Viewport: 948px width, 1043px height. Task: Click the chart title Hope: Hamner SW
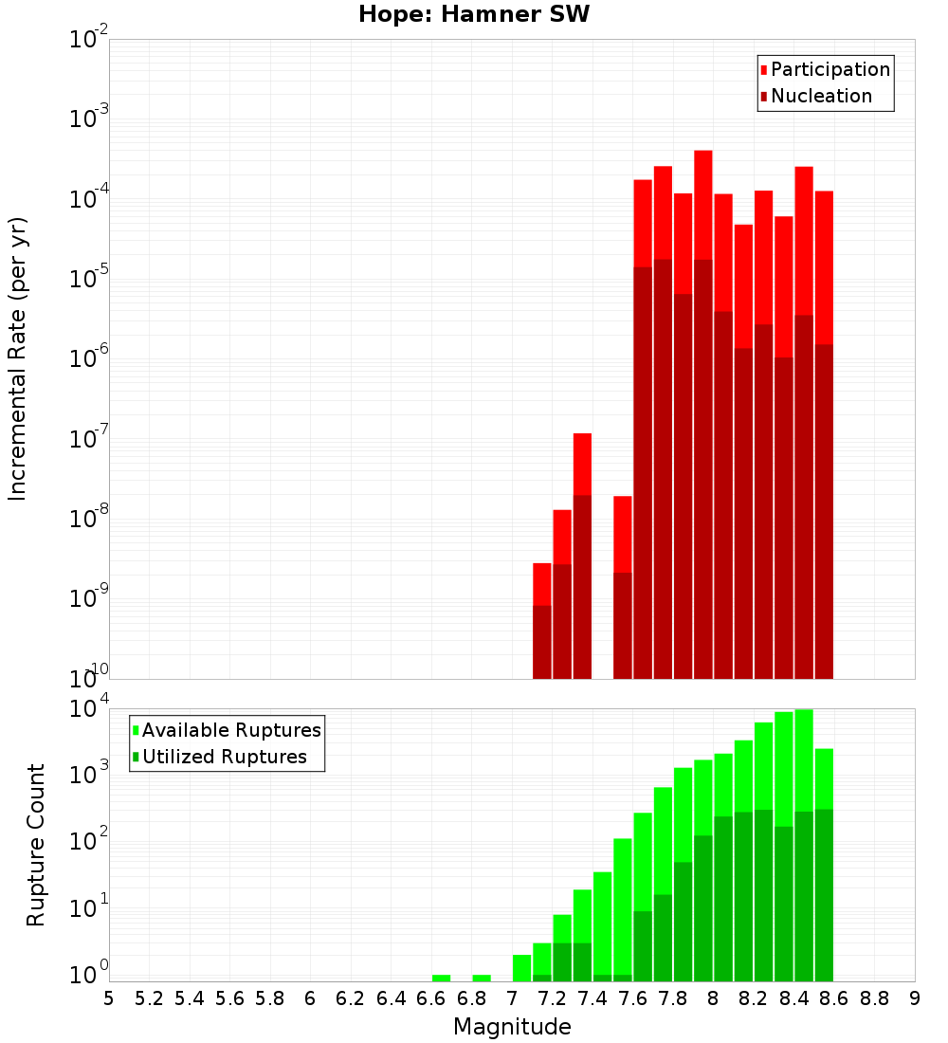click(x=474, y=15)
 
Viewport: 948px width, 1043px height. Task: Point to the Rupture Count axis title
click(x=36, y=845)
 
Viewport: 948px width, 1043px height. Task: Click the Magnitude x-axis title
click(x=512, y=1027)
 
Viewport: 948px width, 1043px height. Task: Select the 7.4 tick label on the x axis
click(x=592, y=998)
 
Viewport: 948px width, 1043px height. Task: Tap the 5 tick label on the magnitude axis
click(x=109, y=998)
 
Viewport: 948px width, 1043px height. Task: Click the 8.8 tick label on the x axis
click(x=874, y=998)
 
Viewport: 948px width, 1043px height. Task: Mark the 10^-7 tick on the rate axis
click(x=89, y=439)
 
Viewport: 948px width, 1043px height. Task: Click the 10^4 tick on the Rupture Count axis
click(x=89, y=708)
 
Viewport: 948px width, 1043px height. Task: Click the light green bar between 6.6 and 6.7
click(x=441, y=978)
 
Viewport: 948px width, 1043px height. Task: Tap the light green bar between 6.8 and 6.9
click(x=482, y=978)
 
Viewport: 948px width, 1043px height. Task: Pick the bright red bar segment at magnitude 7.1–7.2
click(x=541, y=583)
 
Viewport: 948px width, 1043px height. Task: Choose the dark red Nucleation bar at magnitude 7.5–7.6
click(x=622, y=626)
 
